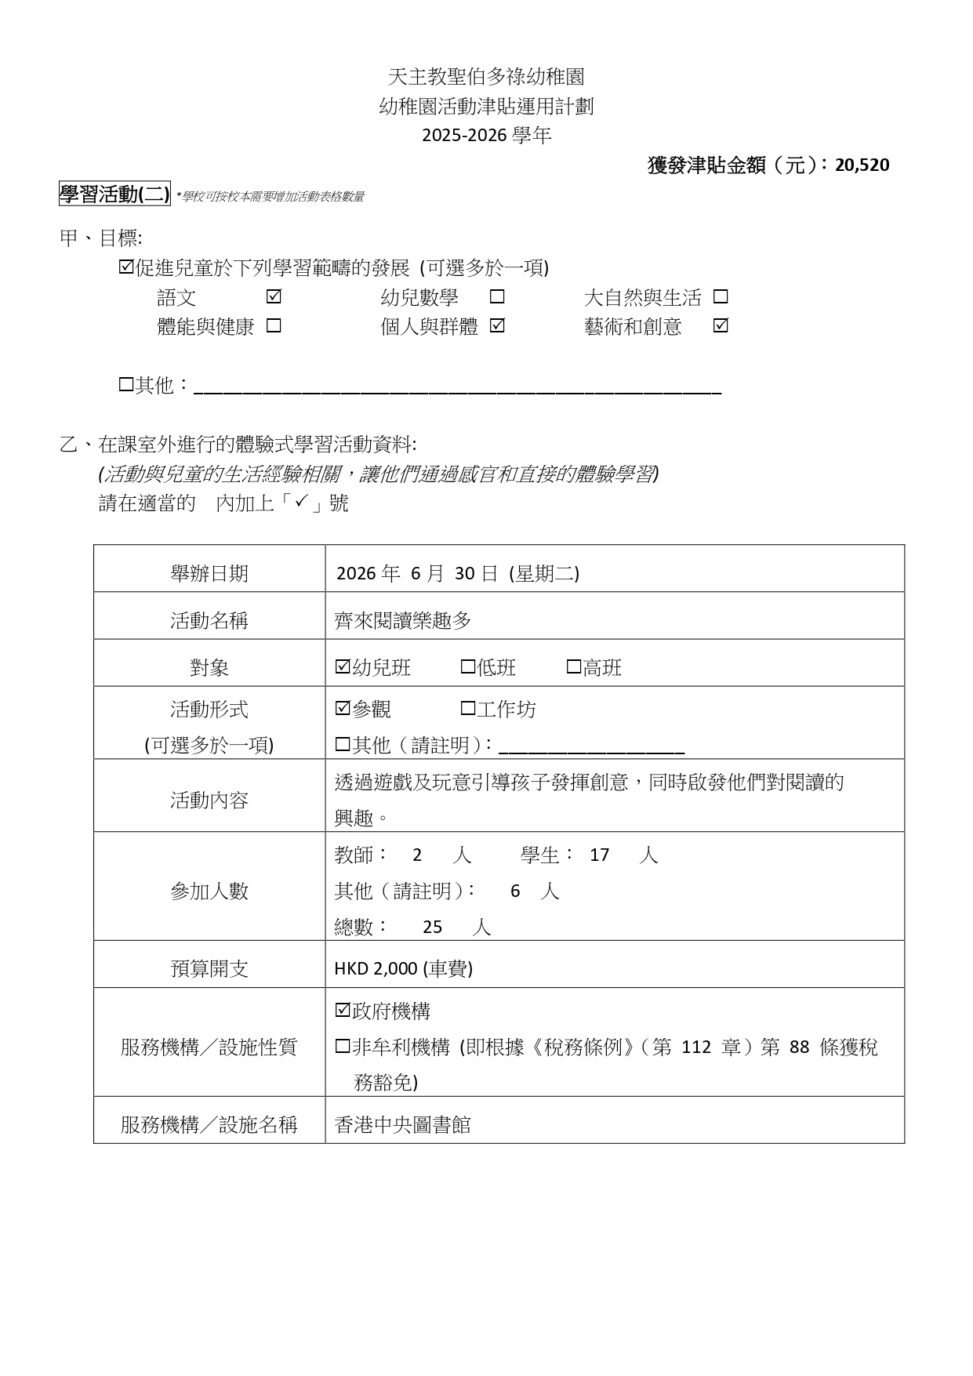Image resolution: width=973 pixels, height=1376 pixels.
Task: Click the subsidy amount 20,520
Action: point(862,165)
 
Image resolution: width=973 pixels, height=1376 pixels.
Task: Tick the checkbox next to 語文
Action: point(274,297)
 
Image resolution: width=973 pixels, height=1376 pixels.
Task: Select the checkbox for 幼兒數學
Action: point(497,297)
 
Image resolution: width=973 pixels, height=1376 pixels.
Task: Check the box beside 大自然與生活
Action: point(721,297)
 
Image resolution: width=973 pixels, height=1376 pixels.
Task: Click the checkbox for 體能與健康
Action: point(274,325)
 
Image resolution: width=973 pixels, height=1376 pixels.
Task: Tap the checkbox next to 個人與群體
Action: point(497,325)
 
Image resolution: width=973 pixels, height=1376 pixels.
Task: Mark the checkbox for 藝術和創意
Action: point(721,325)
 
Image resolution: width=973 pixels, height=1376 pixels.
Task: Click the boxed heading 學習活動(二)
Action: point(114,194)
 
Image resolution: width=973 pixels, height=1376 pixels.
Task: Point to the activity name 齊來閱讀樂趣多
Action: point(403,620)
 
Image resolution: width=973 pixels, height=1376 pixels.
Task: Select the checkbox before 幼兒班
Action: point(342,667)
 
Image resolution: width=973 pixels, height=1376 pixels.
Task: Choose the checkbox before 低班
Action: point(468,667)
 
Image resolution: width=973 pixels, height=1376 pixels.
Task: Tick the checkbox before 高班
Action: point(574,667)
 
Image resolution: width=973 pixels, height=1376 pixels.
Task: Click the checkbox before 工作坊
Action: point(468,709)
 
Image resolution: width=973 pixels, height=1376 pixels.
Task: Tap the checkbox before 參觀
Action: point(342,709)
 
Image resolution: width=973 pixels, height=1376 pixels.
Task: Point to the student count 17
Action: point(599,855)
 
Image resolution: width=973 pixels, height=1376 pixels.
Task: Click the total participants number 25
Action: point(432,927)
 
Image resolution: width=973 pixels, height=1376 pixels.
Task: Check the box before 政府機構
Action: point(342,1011)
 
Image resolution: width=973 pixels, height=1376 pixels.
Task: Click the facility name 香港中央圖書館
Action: point(403,1125)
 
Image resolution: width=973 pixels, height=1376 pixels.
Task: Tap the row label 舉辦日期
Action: point(209,573)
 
